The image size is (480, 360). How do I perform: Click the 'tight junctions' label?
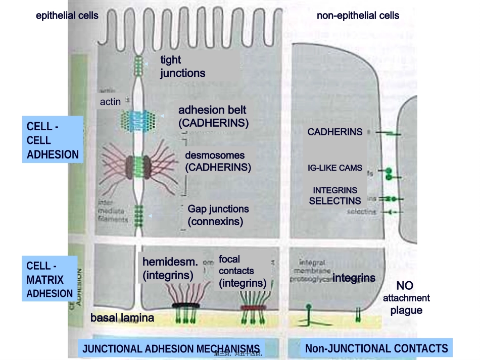[182, 66]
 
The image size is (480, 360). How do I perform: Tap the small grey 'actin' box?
[110, 101]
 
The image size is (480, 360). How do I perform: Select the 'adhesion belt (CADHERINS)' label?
[213, 116]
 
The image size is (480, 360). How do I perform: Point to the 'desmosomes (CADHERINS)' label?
[217, 161]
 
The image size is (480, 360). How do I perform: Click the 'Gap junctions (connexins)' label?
[218, 215]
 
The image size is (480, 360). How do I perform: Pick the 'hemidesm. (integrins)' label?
[170, 268]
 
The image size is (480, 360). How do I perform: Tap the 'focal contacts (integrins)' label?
[242, 271]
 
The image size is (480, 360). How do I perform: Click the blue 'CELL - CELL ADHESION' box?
[53, 140]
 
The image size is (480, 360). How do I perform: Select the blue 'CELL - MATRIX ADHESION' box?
[50, 279]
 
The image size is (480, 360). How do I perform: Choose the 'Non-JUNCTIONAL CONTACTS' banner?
[376, 348]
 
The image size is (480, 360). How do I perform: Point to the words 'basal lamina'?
[122, 318]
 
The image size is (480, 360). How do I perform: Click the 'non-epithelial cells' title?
[358, 15]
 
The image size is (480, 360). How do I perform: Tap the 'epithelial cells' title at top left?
[67, 15]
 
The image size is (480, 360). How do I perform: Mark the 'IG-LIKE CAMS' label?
[335, 168]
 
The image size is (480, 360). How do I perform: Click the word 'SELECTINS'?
[335, 200]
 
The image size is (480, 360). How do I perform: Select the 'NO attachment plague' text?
[405, 298]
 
